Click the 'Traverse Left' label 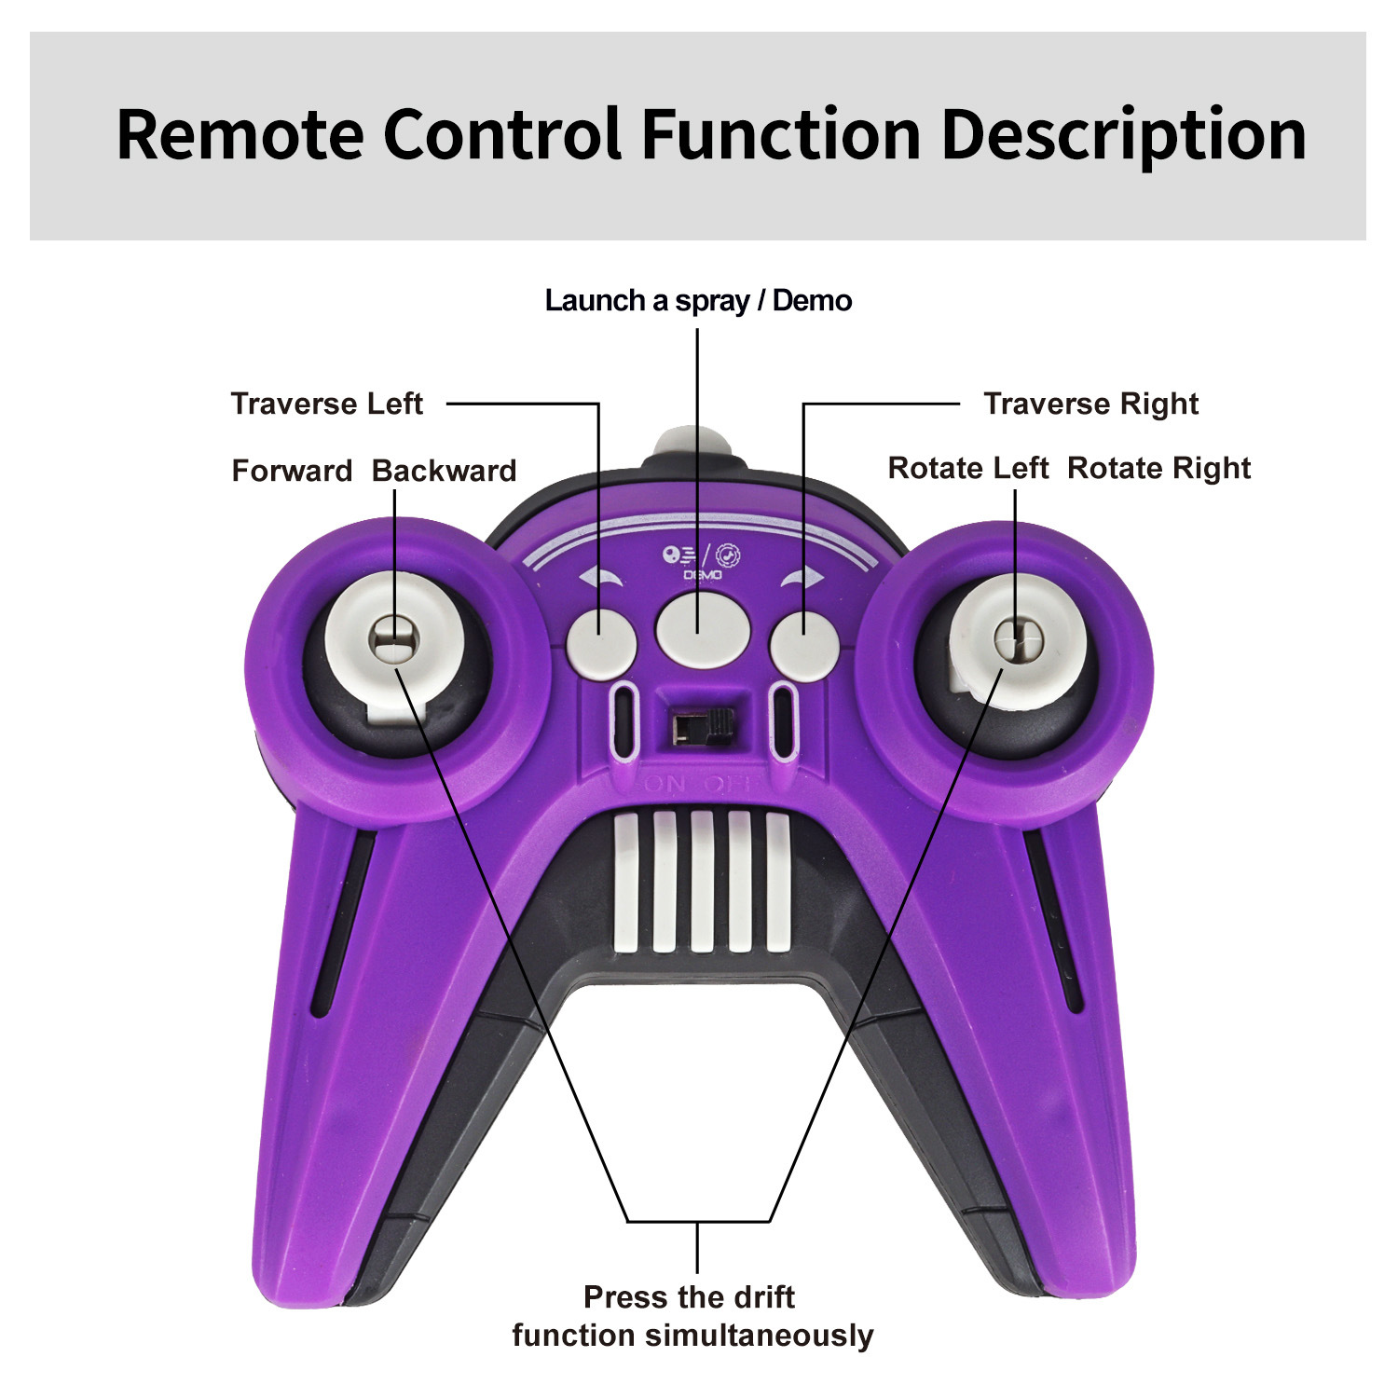pos(326,404)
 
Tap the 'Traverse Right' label pos(1090,404)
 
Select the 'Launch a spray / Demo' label pos(698,301)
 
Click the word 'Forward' pos(292,471)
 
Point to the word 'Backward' pos(444,471)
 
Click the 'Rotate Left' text pos(967,468)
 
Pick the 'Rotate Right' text pos(1158,468)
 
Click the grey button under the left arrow pos(601,643)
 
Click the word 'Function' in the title pos(781,135)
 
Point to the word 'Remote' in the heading pos(240,135)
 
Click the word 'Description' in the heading pos(1123,135)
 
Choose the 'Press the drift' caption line pos(689,1296)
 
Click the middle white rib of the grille pos(702,881)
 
